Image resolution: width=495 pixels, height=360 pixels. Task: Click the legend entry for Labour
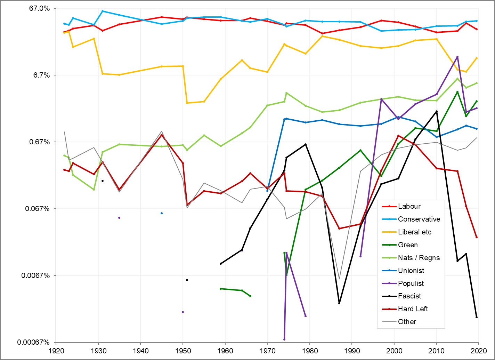[x=409, y=206]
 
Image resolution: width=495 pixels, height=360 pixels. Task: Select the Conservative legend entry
[x=419, y=219]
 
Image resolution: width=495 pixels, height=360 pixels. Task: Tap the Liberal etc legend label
[x=415, y=232]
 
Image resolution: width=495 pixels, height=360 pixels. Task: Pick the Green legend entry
[x=408, y=245]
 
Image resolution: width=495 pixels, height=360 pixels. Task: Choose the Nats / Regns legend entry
[x=419, y=258]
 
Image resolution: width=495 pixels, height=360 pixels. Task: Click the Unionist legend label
[x=411, y=271]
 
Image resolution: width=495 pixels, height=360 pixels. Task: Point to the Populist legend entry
[x=411, y=283]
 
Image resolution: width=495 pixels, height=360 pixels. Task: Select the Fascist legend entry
[x=409, y=296]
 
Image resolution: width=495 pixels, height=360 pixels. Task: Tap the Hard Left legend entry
[x=413, y=309]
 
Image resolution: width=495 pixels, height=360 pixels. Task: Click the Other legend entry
[x=407, y=322]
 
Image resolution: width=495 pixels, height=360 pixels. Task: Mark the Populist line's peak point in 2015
[x=457, y=57]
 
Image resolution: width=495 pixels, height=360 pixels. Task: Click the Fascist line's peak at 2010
[x=437, y=111]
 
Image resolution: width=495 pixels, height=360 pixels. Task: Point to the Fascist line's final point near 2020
[x=477, y=317]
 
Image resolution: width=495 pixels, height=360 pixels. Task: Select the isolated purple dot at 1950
[x=183, y=312]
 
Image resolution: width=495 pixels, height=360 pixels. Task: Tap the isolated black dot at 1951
[x=187, y=280]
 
